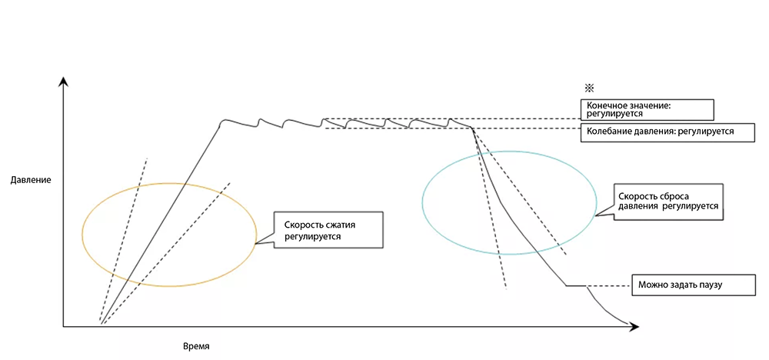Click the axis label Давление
click(x=31, y=180)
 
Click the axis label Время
click(x=196, y=346)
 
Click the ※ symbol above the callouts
click(x=590, y=88)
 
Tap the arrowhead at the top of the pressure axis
click(x=65, y=81)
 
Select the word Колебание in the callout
click(x=610, y=132)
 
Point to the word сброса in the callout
click(x=687, y=195)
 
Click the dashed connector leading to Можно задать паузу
click(x=608, y=286)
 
